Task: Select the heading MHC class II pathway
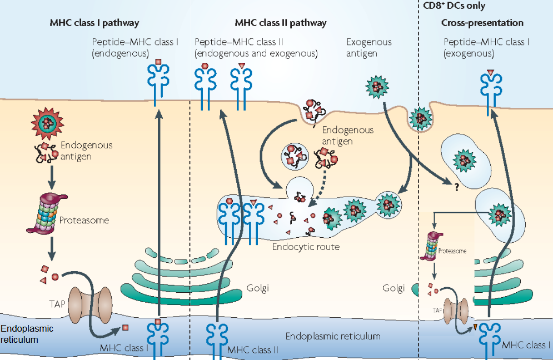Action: point(280,23)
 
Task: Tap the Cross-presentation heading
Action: point(482,23)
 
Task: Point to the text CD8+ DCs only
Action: point(450,6)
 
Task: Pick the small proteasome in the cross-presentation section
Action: point(432,247)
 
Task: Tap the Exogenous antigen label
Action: point(368,48)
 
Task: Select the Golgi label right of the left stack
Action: point(257,289)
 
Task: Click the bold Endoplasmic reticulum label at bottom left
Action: point(27,333)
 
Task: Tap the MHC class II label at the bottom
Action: point(253,350)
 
